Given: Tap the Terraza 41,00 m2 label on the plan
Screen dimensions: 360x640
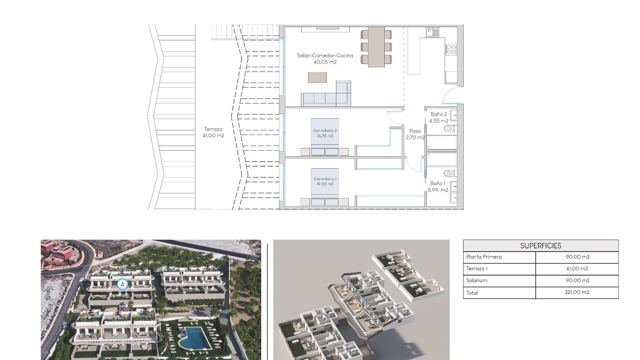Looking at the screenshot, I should coord(213,132).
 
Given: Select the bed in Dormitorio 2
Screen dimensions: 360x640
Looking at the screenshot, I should coord(325,137).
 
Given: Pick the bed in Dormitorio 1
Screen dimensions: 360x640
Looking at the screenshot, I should coord(325,186).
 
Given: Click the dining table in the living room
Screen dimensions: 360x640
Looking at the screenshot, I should coord(376,47).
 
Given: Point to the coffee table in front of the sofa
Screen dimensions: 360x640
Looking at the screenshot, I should coord(317,77).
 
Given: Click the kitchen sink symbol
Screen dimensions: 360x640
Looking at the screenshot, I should coord(432,32).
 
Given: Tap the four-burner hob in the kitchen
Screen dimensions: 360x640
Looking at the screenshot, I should coord(451,50).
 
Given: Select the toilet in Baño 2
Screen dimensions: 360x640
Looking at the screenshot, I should coord(449,128).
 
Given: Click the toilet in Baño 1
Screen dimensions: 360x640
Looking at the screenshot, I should coord(449,173).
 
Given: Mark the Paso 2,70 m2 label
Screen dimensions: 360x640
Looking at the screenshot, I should coord(415,134).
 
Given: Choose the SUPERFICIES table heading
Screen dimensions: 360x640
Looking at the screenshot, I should coord(541,246).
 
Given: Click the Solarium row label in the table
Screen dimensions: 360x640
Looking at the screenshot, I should coord(477,280).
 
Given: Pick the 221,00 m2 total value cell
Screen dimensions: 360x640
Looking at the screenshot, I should coord(577,292).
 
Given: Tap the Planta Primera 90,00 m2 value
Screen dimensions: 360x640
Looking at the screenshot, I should coord(577,257).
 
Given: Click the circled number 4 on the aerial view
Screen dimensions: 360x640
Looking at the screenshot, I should coord(122,284).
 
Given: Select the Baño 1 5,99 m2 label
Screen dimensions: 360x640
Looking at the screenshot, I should coord(438,187).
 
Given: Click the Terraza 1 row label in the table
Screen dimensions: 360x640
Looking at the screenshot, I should coord(477,268).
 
